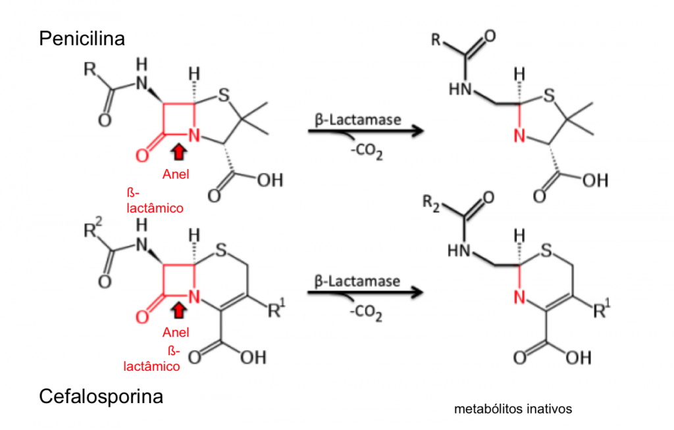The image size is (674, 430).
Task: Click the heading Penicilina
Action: [82, 39]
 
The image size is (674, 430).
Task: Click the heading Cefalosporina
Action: [101, 396]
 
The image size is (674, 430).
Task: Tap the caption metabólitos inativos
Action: [513, 409]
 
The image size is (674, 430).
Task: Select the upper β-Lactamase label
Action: [357, 120]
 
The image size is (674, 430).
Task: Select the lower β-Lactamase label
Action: [357, 281]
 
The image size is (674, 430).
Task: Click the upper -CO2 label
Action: [366, 152]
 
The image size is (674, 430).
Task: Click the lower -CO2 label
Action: [366, 313]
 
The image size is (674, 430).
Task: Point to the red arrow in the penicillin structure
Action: [178, 152]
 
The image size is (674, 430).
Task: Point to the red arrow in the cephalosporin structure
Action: [178, 310]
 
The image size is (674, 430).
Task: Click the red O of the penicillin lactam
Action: [142, 155]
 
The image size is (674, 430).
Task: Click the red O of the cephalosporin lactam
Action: [142, 317]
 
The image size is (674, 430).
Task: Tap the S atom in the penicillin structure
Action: [224, 95]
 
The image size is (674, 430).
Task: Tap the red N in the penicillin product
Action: [520, 136]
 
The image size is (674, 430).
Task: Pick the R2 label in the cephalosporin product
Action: [431, 203]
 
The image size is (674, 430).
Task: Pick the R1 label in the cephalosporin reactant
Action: [276, 308]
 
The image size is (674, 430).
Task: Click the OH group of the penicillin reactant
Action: [270, 180]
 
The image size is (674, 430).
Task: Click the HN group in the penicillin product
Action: [460, 89]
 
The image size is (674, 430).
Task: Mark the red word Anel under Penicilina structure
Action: [176, 174]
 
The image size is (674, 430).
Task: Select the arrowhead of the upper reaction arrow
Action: [416, 131]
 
